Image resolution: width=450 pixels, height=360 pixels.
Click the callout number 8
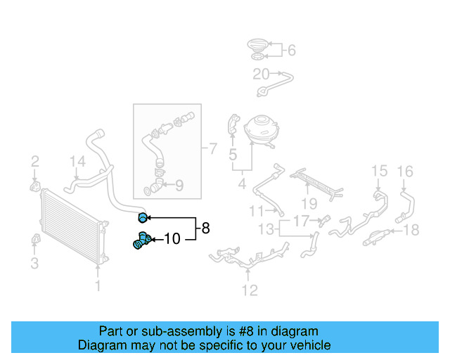pyautogui.click(x=205, y=228)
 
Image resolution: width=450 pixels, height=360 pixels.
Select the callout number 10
pyautogui.click(x=172, y=239)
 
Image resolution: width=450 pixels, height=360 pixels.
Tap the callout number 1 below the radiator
pyautogui.click(x=98, y=286)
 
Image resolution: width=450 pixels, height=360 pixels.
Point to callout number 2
pyautogui.click(x=34, y=164)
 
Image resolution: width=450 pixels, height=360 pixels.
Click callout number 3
pyautogui.click(x=34, y=264)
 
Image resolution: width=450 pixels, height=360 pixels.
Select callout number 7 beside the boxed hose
pyautogui.click(x=212, y=148)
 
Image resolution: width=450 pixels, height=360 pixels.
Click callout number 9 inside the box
pyautogui.click(x=179, y=186)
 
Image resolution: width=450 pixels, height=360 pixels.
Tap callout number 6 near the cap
pyautogui.click(x=291, y=50)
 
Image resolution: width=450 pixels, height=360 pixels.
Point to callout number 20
pyautogui.click(x=261, y=73)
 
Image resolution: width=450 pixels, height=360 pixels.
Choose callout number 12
pyautogui.click(x=250, y=290)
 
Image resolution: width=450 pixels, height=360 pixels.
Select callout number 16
pyautogui.click(x=405, y=171)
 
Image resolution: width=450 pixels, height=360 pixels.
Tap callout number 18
pyautogui.click(x=412, y=229)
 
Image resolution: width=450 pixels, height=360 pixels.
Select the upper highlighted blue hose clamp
pyautogui.click(x=143, y=217)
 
